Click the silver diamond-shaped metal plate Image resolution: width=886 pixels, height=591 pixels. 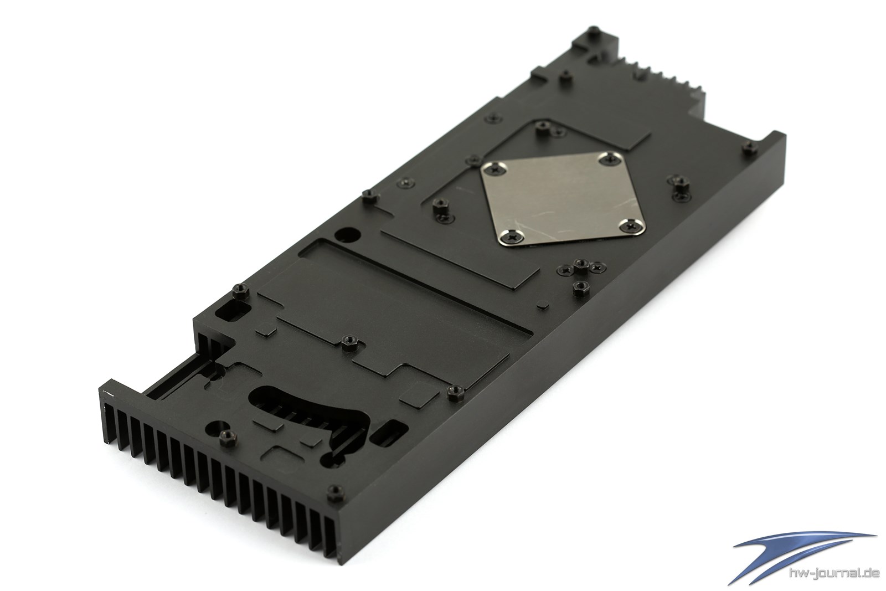pyautogui.click(x=563, y=198)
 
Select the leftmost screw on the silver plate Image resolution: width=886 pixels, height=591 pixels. pyautogui.click(x=494, y=169)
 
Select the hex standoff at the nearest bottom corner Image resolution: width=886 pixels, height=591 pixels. pyautogui.click(x=336, y=494)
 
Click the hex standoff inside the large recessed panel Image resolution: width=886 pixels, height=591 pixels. pyautogui.click(x=349, y=342)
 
